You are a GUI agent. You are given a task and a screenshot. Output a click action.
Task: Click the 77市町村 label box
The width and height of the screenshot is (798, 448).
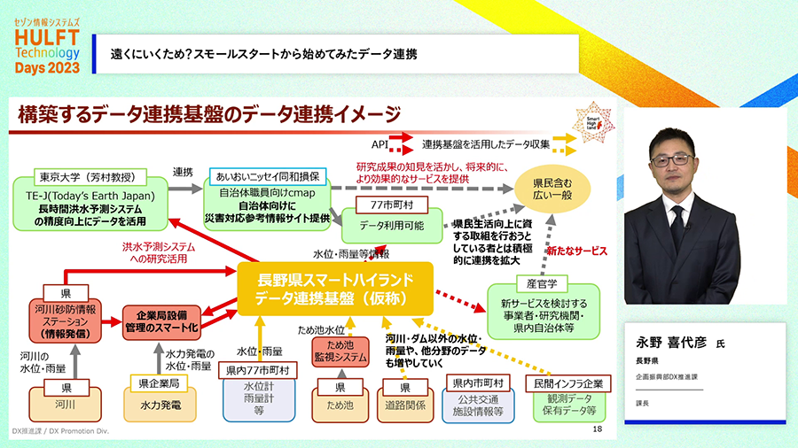tap(391, 205)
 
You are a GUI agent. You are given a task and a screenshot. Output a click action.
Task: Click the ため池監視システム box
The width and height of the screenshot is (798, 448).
tap(339, 351)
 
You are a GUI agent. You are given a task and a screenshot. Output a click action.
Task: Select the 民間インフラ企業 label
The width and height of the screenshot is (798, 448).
tap(568, 383)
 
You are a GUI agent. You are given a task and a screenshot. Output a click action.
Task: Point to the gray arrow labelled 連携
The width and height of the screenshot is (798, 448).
tap(183, 189)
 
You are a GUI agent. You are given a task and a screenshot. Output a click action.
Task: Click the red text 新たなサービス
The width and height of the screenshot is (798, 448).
tap(576, 252)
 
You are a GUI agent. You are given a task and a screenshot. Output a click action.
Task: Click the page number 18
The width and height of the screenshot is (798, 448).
tap(596, 429)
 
